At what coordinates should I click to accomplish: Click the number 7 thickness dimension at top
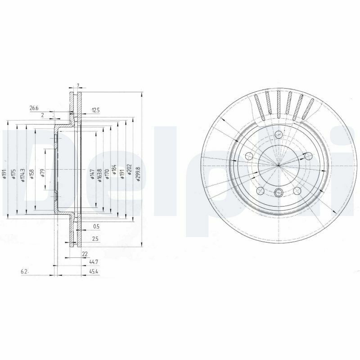[78, 85]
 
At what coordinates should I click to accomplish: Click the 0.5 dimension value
[95, 226]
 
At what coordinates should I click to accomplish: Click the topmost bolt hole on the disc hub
[279, 134]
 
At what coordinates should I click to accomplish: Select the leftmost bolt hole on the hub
[248, 156]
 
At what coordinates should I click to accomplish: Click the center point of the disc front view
[279, 165]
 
